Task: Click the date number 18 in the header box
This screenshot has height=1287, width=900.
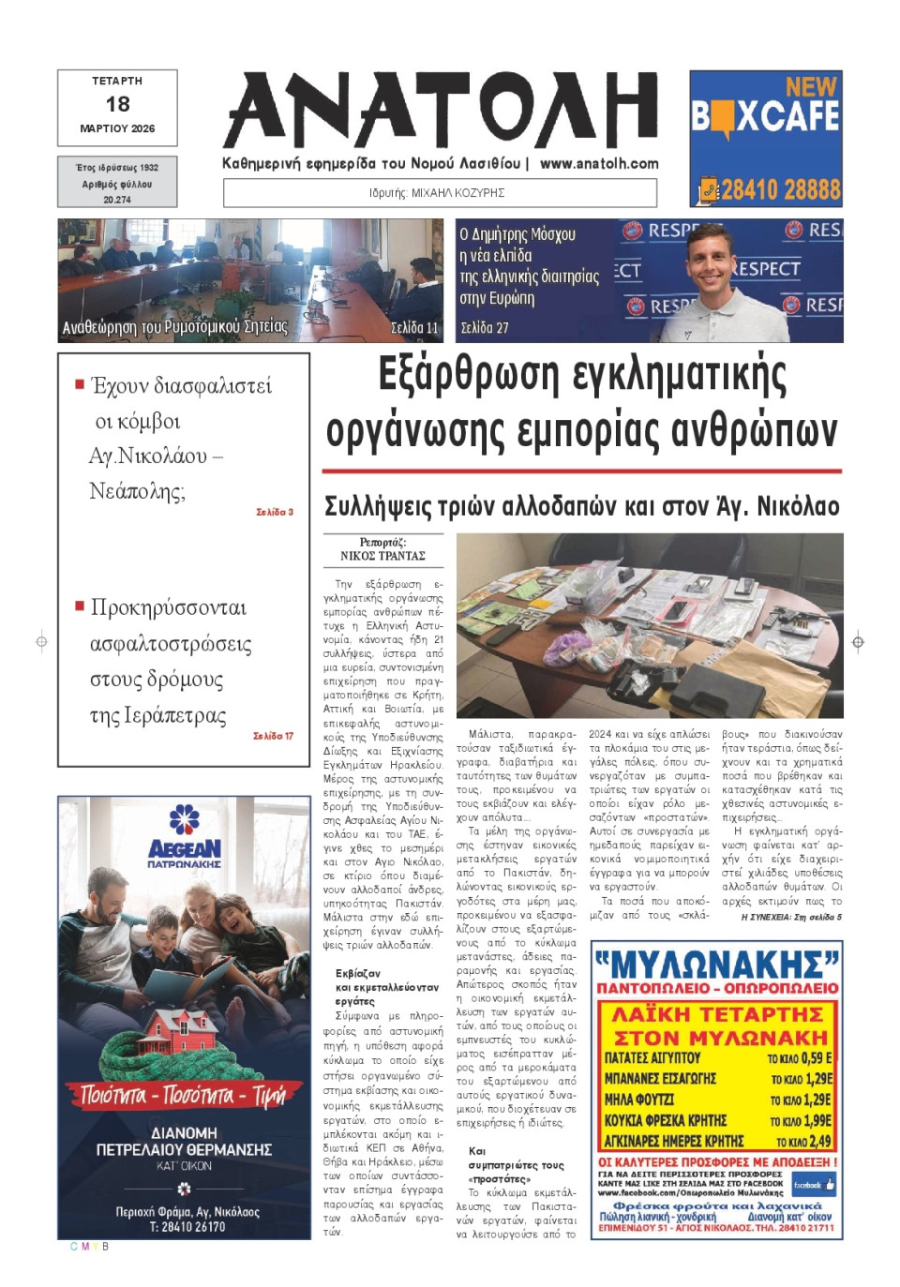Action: pyautogui.click(x=117, y=104)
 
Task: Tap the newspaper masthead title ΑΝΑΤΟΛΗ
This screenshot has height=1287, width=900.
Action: pyautogui.click(x=441, y=111)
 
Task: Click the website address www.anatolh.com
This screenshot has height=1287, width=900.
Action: pyautogui.click(x=599, y=163)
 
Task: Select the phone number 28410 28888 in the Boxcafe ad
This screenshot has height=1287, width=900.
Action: pyautogui.click(x=780, y=190)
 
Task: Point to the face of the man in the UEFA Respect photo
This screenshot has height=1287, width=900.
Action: pyautogui.click(x=710, y=262)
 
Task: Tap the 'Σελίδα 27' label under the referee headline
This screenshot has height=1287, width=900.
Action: pyautogui.click(x=485, y=328)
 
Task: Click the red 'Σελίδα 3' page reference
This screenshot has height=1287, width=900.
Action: pyautogui.click(x=275, y=513)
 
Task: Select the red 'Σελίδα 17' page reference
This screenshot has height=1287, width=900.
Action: pyautogui.click(x=273, y=737)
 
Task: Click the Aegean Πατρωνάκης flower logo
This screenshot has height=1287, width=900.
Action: pyautogui.click(x=184, y=819)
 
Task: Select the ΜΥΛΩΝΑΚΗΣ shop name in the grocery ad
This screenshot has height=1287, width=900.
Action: pyautogui.click(x=717, y=964)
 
